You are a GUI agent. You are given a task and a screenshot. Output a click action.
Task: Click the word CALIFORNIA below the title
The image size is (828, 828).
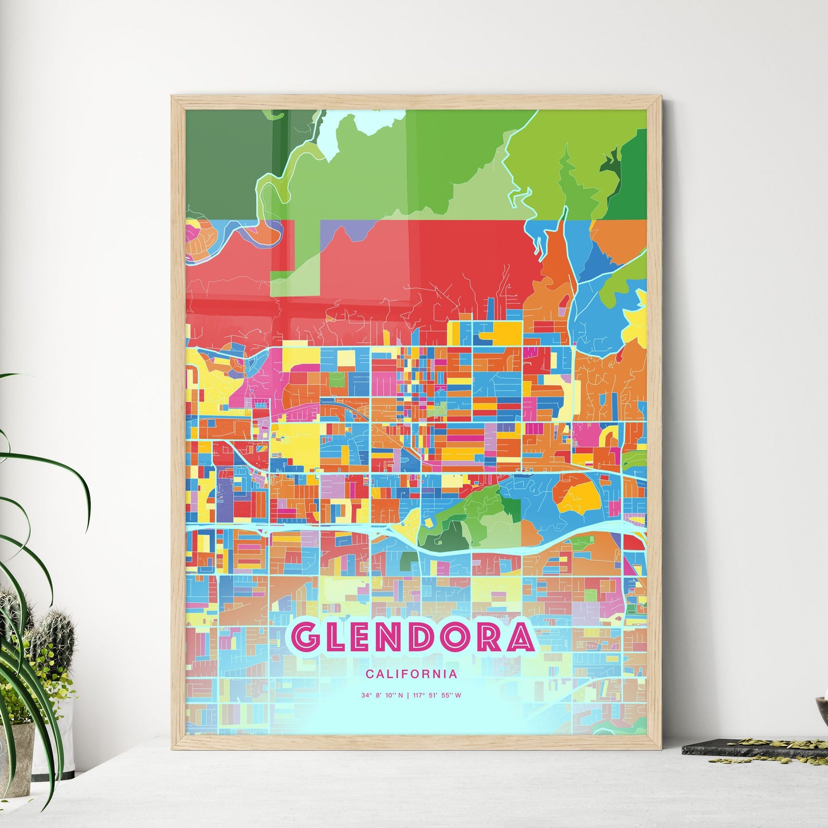click(411, 674)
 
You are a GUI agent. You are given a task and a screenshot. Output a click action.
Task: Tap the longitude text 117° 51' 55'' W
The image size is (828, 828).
click(437, 696)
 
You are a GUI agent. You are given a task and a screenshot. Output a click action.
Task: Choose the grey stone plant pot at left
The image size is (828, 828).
click(16, 756)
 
